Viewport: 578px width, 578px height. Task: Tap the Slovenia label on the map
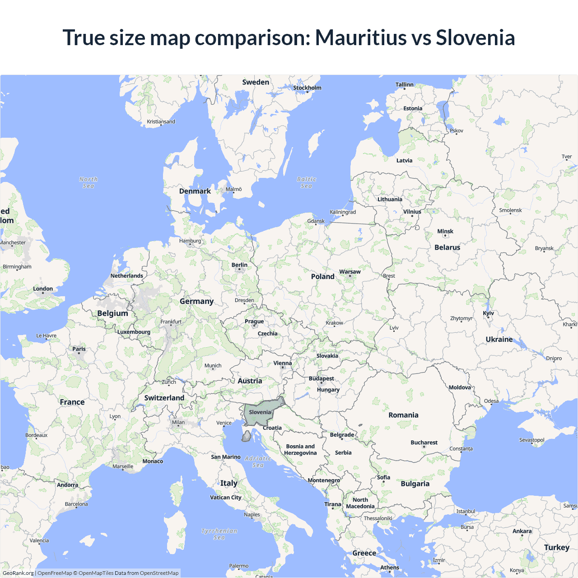pyautogui.click(x=260, y=412)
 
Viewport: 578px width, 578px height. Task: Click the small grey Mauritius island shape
pyautogui.click(x=247, y=437)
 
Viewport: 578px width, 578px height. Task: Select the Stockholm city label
pyautogui.click(x=307, y=88)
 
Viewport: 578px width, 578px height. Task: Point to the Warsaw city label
pyautogui.click(x=350, y=272)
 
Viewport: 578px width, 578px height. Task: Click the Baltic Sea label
pyautogui.click(x=307, y=182)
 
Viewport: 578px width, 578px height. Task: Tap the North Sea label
pyautogui.click(x=89, y=182)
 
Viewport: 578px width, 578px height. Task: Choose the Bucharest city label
pyautogui.click(x=424, y=443)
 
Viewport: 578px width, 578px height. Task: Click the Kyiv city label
pyautogui.click(x=488, y=313)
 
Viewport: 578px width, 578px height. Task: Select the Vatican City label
pyautogui.click(x=226, y=497)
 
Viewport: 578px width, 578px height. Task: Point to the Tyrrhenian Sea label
pyautogui.click(x=219, y=534)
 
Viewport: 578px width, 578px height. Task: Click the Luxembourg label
pyautogui.click(x=134, y=332)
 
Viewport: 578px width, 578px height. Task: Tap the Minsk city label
pyautogui.click(x=445, y=231)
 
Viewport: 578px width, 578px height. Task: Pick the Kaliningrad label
pyautogui.click(x=343, y=212)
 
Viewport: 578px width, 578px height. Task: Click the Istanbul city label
pyautogui.click(x=466, y=511)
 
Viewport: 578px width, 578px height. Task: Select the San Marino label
pyautogui.click(x=226, y=457)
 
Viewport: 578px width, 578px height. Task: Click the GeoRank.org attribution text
pyautogui.click(x=18, y=573)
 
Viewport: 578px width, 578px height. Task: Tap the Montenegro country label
pyautogui.click(x=324, y=480)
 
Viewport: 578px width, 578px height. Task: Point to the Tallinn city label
pyautogui.click(x=404, y=84)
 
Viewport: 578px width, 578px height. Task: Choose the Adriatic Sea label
pyautogui.click(x=258, y=461)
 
